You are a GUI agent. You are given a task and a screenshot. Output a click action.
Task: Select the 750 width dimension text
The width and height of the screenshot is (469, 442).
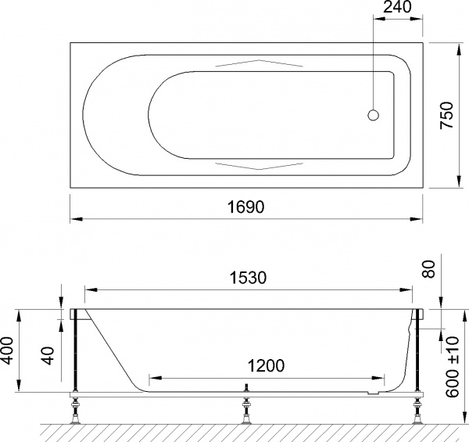446,117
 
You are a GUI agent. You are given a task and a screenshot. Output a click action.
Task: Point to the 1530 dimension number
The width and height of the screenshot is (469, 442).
248,278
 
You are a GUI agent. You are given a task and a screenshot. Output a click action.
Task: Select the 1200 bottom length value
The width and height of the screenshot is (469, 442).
263,365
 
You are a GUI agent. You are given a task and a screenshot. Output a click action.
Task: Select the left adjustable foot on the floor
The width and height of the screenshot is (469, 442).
76,410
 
